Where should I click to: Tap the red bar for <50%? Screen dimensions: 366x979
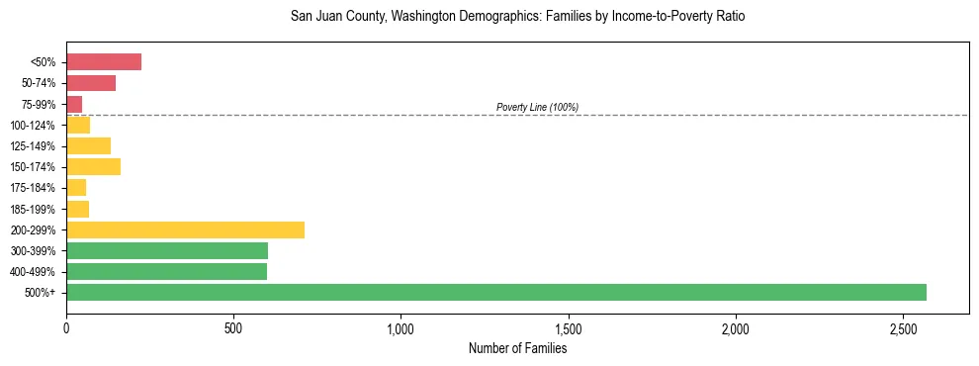104,62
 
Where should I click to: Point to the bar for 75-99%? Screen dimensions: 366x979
74,104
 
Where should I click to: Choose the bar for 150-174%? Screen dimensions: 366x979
93,166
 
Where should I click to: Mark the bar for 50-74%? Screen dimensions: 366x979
91,83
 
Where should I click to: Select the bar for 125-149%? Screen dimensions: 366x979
88,145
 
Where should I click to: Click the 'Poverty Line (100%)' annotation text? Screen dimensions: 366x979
537,107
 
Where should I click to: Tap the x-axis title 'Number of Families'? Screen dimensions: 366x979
517,348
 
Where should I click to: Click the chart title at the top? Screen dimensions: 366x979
517,17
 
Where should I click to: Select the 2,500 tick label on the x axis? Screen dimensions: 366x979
903,326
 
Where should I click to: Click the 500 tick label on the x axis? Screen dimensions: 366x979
233,326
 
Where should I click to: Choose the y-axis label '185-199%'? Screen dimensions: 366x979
33,209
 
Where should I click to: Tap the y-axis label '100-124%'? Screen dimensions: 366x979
33,126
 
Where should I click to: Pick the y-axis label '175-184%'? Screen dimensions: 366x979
33,188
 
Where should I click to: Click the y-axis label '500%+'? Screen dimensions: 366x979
41,293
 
